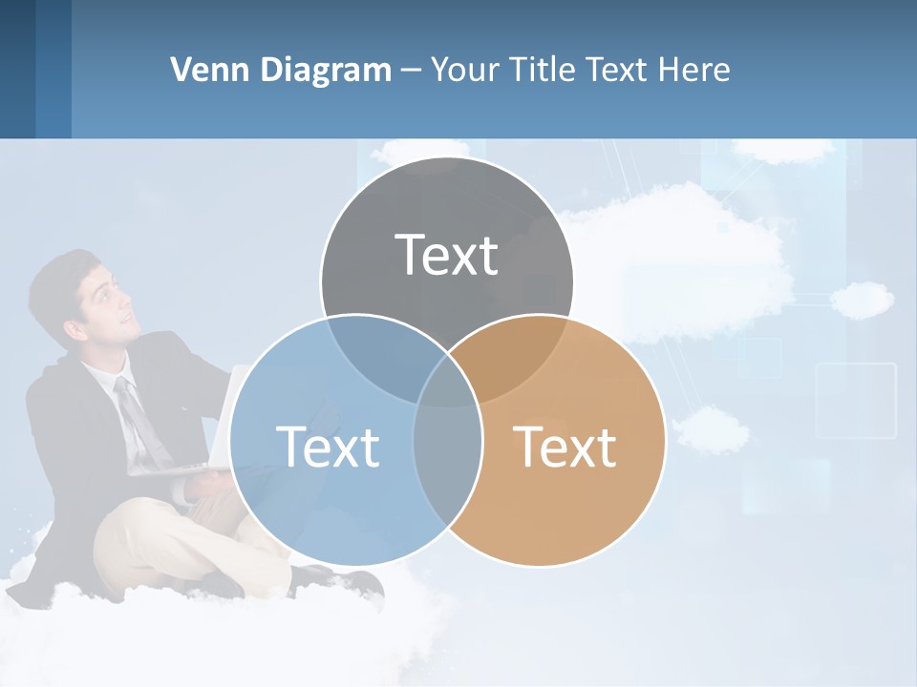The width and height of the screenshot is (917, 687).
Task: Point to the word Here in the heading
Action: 696,70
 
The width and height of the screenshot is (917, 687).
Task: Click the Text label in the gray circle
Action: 447,255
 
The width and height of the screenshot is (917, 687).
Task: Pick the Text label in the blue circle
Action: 328,446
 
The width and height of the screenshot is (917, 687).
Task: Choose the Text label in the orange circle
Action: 565,446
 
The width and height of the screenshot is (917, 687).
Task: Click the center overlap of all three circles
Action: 447,382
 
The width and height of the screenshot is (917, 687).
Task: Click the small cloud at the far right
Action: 862,300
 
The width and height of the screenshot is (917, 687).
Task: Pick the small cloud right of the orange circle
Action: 712,429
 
